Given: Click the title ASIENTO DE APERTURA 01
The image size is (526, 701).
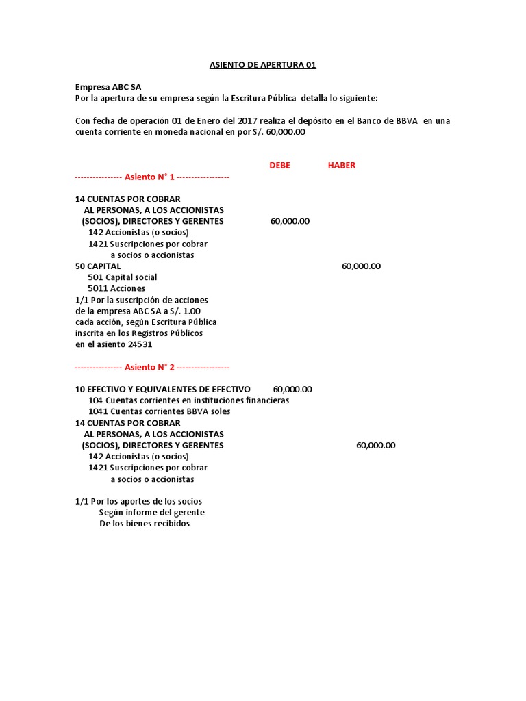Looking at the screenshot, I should point(262,65).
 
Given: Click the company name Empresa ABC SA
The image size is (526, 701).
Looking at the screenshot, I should point(108,88).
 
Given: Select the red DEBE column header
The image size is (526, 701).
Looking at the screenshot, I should point(279,165).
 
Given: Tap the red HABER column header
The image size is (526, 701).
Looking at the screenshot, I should point(342,165).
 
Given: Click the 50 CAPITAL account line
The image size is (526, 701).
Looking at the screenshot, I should point(98,266).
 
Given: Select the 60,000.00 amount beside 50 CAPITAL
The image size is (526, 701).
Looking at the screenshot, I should point(361,266).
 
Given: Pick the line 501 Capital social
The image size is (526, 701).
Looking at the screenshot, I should point(123,277).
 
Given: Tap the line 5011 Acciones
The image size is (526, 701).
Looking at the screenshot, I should point(116,288).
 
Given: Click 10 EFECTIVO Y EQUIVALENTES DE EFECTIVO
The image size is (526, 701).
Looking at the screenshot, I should point(163,389).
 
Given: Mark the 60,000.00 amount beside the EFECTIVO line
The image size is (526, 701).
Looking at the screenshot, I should point(292,389).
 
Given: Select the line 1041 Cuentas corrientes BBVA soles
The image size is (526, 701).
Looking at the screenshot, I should point(160,411).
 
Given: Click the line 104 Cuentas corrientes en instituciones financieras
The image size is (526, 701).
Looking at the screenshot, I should point(189,400).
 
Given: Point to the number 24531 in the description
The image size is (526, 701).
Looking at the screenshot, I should point(140,344).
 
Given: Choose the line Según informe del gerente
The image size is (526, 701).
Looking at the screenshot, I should point(151,512).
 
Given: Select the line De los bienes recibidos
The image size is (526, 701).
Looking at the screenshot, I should point(145,524).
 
